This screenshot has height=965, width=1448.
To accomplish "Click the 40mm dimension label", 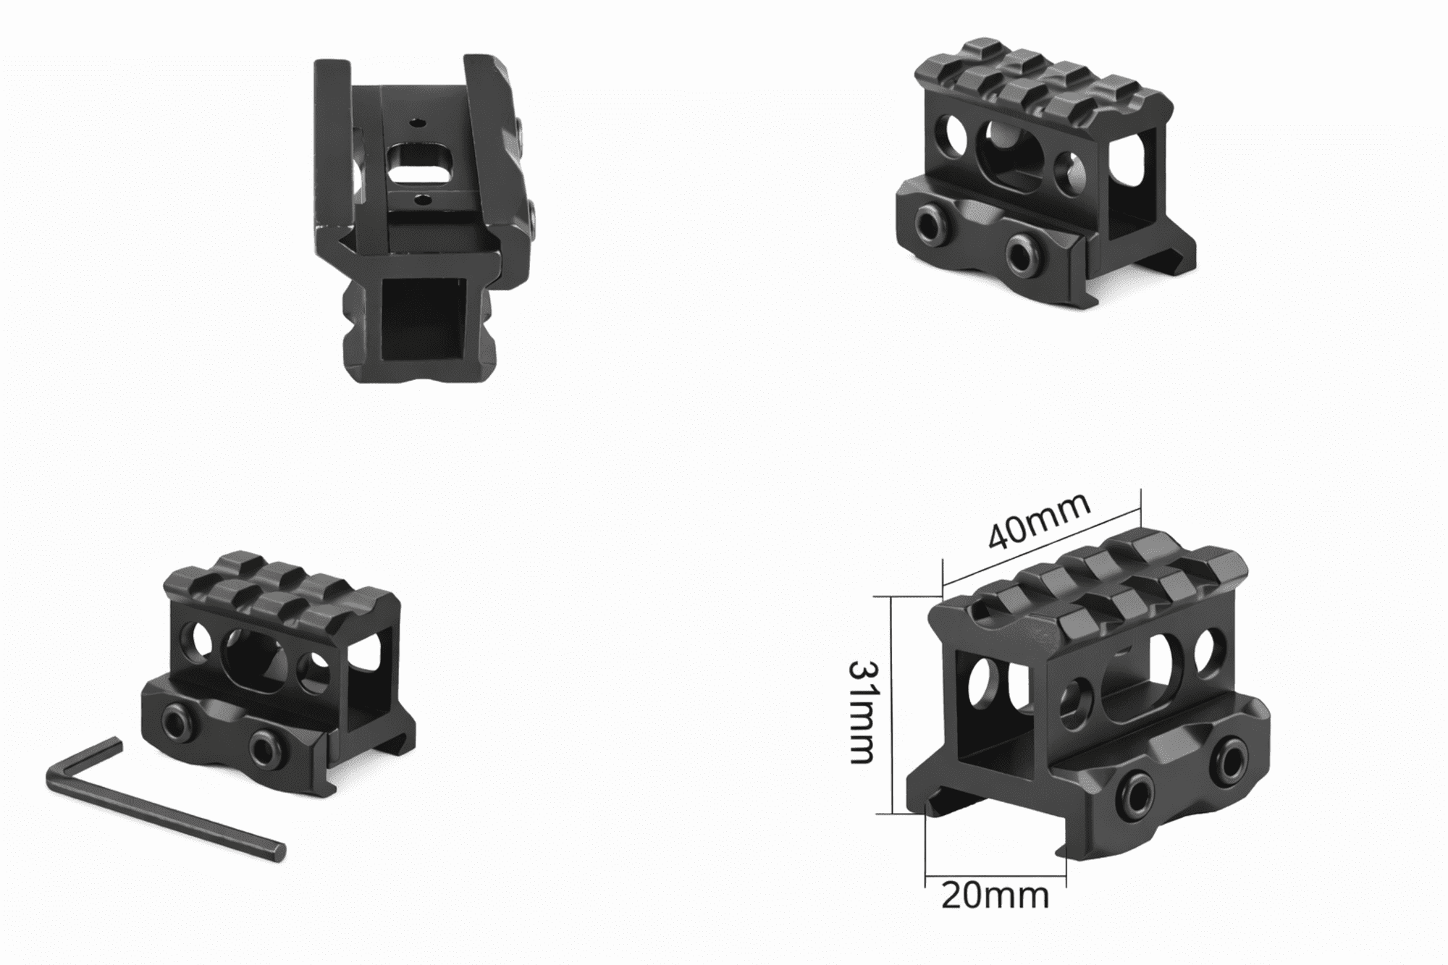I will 1039,522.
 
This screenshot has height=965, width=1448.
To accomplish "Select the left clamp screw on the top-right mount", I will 930,219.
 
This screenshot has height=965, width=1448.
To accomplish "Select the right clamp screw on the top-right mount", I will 1020,253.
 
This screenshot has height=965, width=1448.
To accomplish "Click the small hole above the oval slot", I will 418,124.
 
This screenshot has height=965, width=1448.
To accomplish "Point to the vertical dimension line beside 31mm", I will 894,706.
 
